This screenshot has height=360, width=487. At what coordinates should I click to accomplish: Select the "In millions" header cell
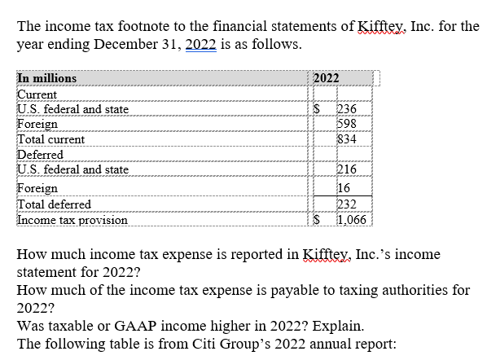point(47,78)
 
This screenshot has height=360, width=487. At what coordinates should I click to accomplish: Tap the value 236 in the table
point(346,109)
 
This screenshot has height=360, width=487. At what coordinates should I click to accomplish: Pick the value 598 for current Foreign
point(346,124)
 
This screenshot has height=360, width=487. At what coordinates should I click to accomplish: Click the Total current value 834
point(346,138)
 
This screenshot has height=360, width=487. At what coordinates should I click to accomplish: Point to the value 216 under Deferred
point(346,169)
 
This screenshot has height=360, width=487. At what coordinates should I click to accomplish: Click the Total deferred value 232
point(346,204)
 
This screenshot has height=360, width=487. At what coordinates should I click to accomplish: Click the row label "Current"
point(37,94)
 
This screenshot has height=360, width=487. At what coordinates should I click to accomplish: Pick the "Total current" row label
point(51,138)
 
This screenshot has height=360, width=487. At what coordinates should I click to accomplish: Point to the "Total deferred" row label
point(55,204)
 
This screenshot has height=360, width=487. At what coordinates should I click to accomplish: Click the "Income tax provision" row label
point(72,219)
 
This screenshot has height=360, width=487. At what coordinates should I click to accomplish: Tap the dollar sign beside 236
point(318,109)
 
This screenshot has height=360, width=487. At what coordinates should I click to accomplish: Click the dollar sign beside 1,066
point(318,219)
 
